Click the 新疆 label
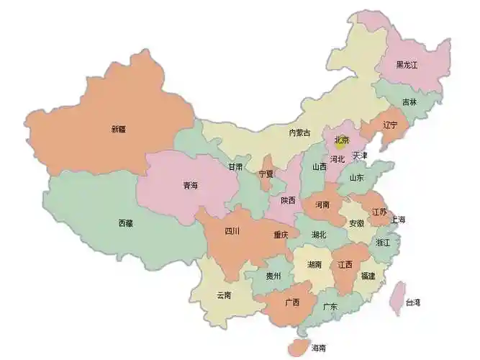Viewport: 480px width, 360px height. pyautogui.click(x=118, y=130)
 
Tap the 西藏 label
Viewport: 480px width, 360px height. pyautogui.click(x=125, y=223)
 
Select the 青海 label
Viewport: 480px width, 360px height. pyautogui.click(x=190, y=185)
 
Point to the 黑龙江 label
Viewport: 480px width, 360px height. pyautogui.click(x=412, y=65)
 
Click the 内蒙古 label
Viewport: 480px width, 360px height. pyautogui.click(x=299, y=132)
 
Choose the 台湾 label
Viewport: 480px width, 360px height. pyautogui.click(x=413, y=302)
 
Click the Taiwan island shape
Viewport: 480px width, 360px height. pyautogui.click(x=396, y=298)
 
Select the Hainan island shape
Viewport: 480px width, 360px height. pyautogui.click(x=298, y=346)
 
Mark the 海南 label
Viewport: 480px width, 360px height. pyautogui.click(x=318, y=348)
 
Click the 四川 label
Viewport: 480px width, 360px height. pyautogui.click(x=232, y=231)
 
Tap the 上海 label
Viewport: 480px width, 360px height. pyautogui.click(x=397, y=220)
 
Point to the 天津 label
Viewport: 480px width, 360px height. pyautogui.click(x=360, y=156)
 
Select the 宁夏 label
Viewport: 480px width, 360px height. pyautogui.click(x=266, y=174)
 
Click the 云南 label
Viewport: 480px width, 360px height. pyautogui.click(x=224, y=294)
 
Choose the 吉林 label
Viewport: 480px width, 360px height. pyautogui.click(x=409, y=102)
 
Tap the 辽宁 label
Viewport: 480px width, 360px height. pyautogui.click(x=390, y=125)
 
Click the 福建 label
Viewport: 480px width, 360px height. pyautogui.click(x=368, y=275)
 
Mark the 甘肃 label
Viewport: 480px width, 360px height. pyautogui.click(x=236, y=166)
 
